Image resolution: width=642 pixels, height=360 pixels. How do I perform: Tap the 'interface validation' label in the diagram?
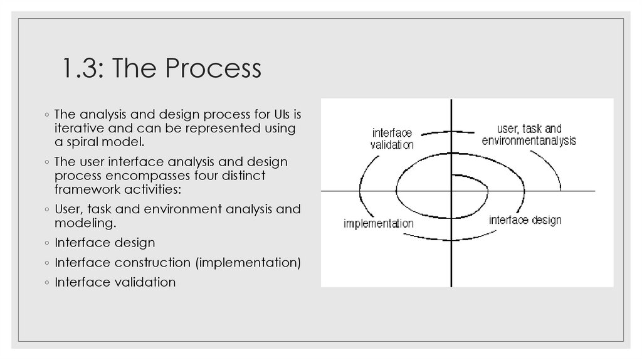coord(392,139)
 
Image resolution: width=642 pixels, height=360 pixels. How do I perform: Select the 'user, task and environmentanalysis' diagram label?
coord(529,135)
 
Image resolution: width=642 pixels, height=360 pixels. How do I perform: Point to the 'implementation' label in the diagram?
coord(378,223)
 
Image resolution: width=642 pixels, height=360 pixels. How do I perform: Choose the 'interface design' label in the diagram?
coord(525,220)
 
